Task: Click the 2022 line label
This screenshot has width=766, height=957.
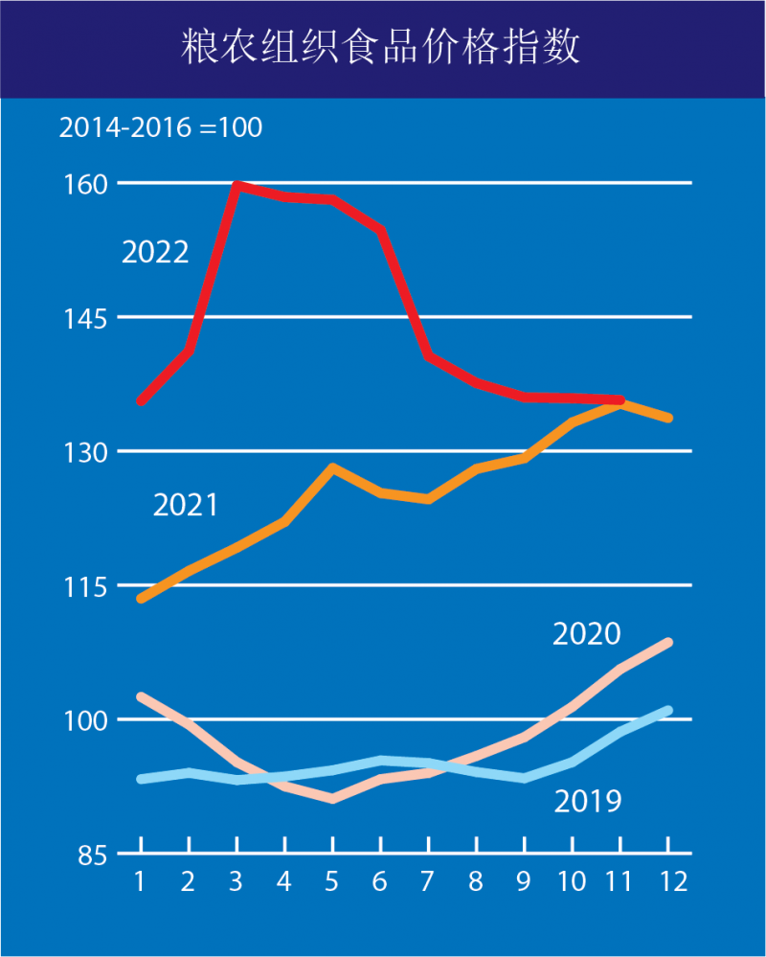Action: [155, 252]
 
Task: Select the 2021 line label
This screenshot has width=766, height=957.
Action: [186, 505]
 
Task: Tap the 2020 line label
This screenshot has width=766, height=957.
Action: [587, 633]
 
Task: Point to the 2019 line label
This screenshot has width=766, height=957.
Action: [588, 800]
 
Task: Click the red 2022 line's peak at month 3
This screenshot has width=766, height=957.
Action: [237, 185]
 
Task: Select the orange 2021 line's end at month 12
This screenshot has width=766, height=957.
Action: [668, 418]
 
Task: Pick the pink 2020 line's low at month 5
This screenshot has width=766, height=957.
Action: [332, 798]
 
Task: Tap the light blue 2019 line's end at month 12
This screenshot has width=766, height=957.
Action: [668, 711]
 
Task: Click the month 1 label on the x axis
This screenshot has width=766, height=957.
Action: [141, 881]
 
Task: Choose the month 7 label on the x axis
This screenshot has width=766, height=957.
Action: [428, 881]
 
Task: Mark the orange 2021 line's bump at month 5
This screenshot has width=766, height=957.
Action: [332, 468]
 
